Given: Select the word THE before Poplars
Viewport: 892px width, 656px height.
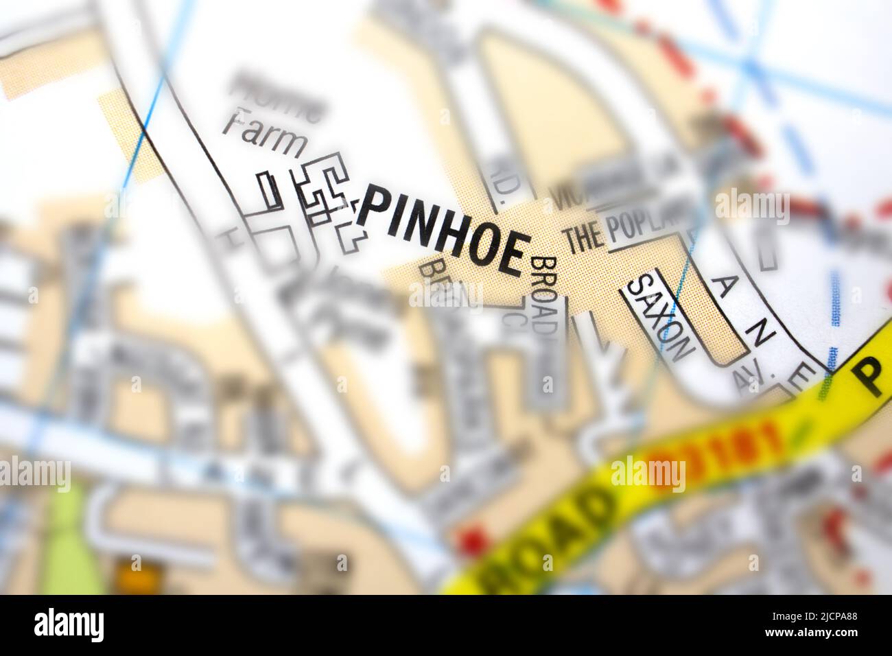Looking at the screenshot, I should tap(583, 238).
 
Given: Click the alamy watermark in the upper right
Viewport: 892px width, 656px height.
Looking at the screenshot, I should tap(752, 204).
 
